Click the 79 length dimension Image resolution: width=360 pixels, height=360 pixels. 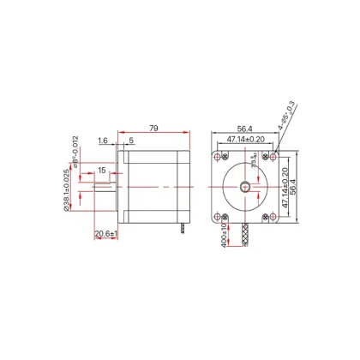154,129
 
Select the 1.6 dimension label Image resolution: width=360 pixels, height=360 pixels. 102,141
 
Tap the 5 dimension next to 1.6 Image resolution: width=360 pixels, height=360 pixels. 130,141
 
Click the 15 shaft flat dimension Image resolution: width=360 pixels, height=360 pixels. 101,171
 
